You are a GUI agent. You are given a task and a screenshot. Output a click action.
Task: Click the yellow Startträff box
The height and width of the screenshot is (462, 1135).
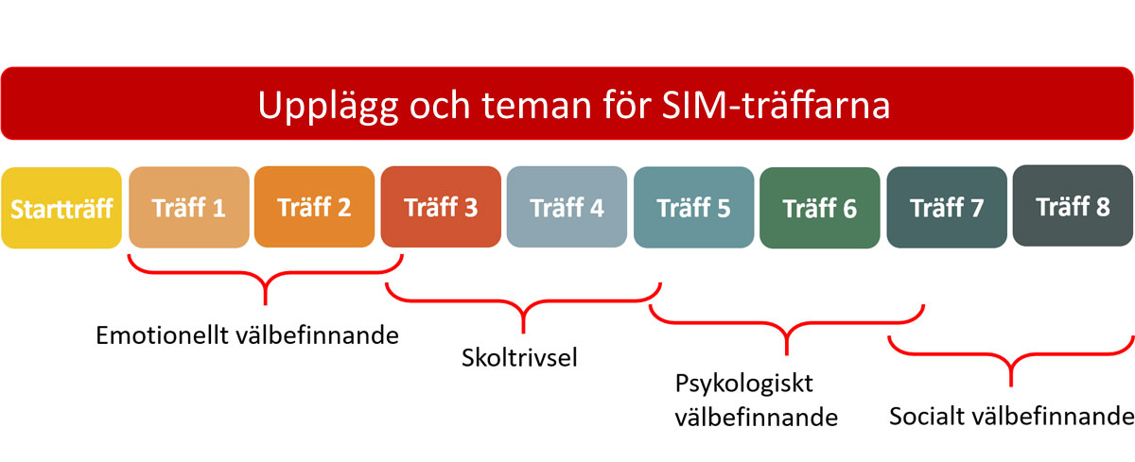click(x=61, y=208)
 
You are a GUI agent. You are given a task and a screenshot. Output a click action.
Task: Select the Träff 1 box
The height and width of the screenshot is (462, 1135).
click(x=189, y=207)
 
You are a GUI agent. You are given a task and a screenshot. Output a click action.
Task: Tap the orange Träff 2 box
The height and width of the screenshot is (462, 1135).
click(x=315, y=207)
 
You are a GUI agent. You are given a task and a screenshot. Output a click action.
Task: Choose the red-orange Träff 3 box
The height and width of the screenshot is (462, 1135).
click(x=441, y=207)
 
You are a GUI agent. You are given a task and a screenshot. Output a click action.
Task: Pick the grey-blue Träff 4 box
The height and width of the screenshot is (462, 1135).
click(x=567, y=207)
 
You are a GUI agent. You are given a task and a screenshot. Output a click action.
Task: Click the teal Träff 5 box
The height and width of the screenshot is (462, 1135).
click(x=693, y=208)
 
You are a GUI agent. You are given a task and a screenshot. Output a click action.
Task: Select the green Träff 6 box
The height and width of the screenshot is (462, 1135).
click(x=820, y=208)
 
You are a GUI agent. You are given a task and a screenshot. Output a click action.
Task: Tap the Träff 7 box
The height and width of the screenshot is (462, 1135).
click(x=947, y=208)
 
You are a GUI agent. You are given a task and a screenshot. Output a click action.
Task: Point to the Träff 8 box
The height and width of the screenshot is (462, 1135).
click(x=1074, y=206)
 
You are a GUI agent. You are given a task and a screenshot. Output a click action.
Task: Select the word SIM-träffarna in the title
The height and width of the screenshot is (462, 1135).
click(x=776, y=104)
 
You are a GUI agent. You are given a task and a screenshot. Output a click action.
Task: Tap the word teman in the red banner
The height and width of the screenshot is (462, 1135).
click(x=536, y=105)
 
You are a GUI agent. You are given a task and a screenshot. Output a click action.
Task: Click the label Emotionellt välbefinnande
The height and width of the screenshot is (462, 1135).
click(x=247, y=335)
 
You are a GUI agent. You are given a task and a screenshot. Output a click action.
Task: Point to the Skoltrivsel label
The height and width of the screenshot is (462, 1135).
click(x=519, y=357)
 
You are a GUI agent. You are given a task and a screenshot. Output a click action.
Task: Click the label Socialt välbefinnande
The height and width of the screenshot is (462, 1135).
click(x=1012, y=416)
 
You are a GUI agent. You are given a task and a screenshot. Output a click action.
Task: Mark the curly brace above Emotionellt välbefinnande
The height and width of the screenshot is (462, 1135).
click(x=266, y=274)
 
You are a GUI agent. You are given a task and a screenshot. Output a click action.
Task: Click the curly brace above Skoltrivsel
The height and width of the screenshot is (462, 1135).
click(x=523, y=302)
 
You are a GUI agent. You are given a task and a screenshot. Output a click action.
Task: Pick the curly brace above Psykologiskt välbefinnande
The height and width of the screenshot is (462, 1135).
click(x=786, y=323)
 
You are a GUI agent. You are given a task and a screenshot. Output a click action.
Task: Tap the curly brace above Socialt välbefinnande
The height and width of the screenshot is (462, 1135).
click(x=1011, y=354)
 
